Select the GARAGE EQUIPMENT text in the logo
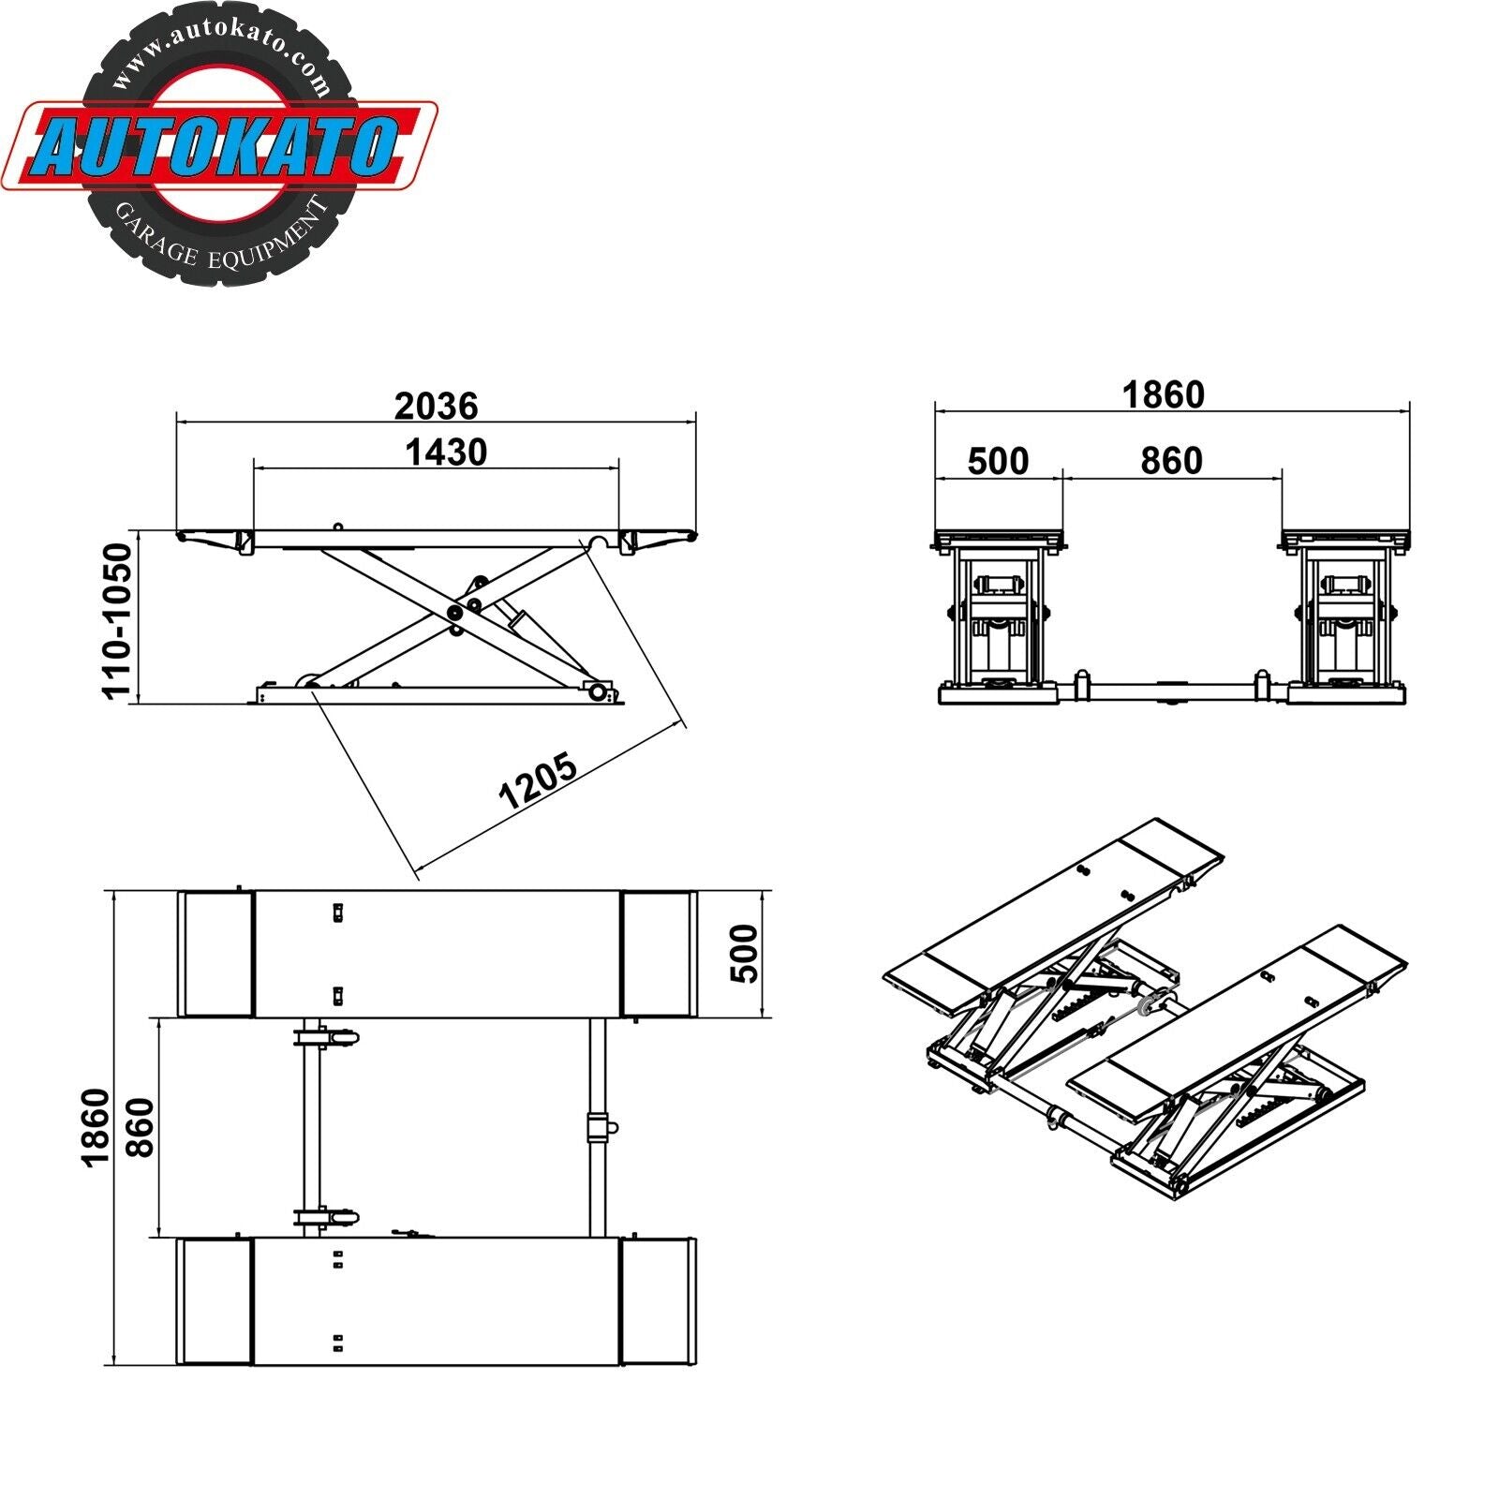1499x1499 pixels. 221,242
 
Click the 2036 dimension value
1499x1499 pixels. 436,406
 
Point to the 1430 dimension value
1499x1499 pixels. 446,453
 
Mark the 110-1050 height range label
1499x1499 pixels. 119,620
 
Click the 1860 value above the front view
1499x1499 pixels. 1163,394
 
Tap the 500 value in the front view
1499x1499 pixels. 998,461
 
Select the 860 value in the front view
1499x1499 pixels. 1171,461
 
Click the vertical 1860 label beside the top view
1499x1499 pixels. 96,1127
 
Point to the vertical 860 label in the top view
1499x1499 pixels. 140,1127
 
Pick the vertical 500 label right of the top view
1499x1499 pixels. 744,954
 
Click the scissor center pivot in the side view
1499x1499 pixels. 456,612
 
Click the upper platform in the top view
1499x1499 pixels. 437,954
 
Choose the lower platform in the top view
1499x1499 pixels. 437,1300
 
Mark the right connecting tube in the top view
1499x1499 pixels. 597,1127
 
